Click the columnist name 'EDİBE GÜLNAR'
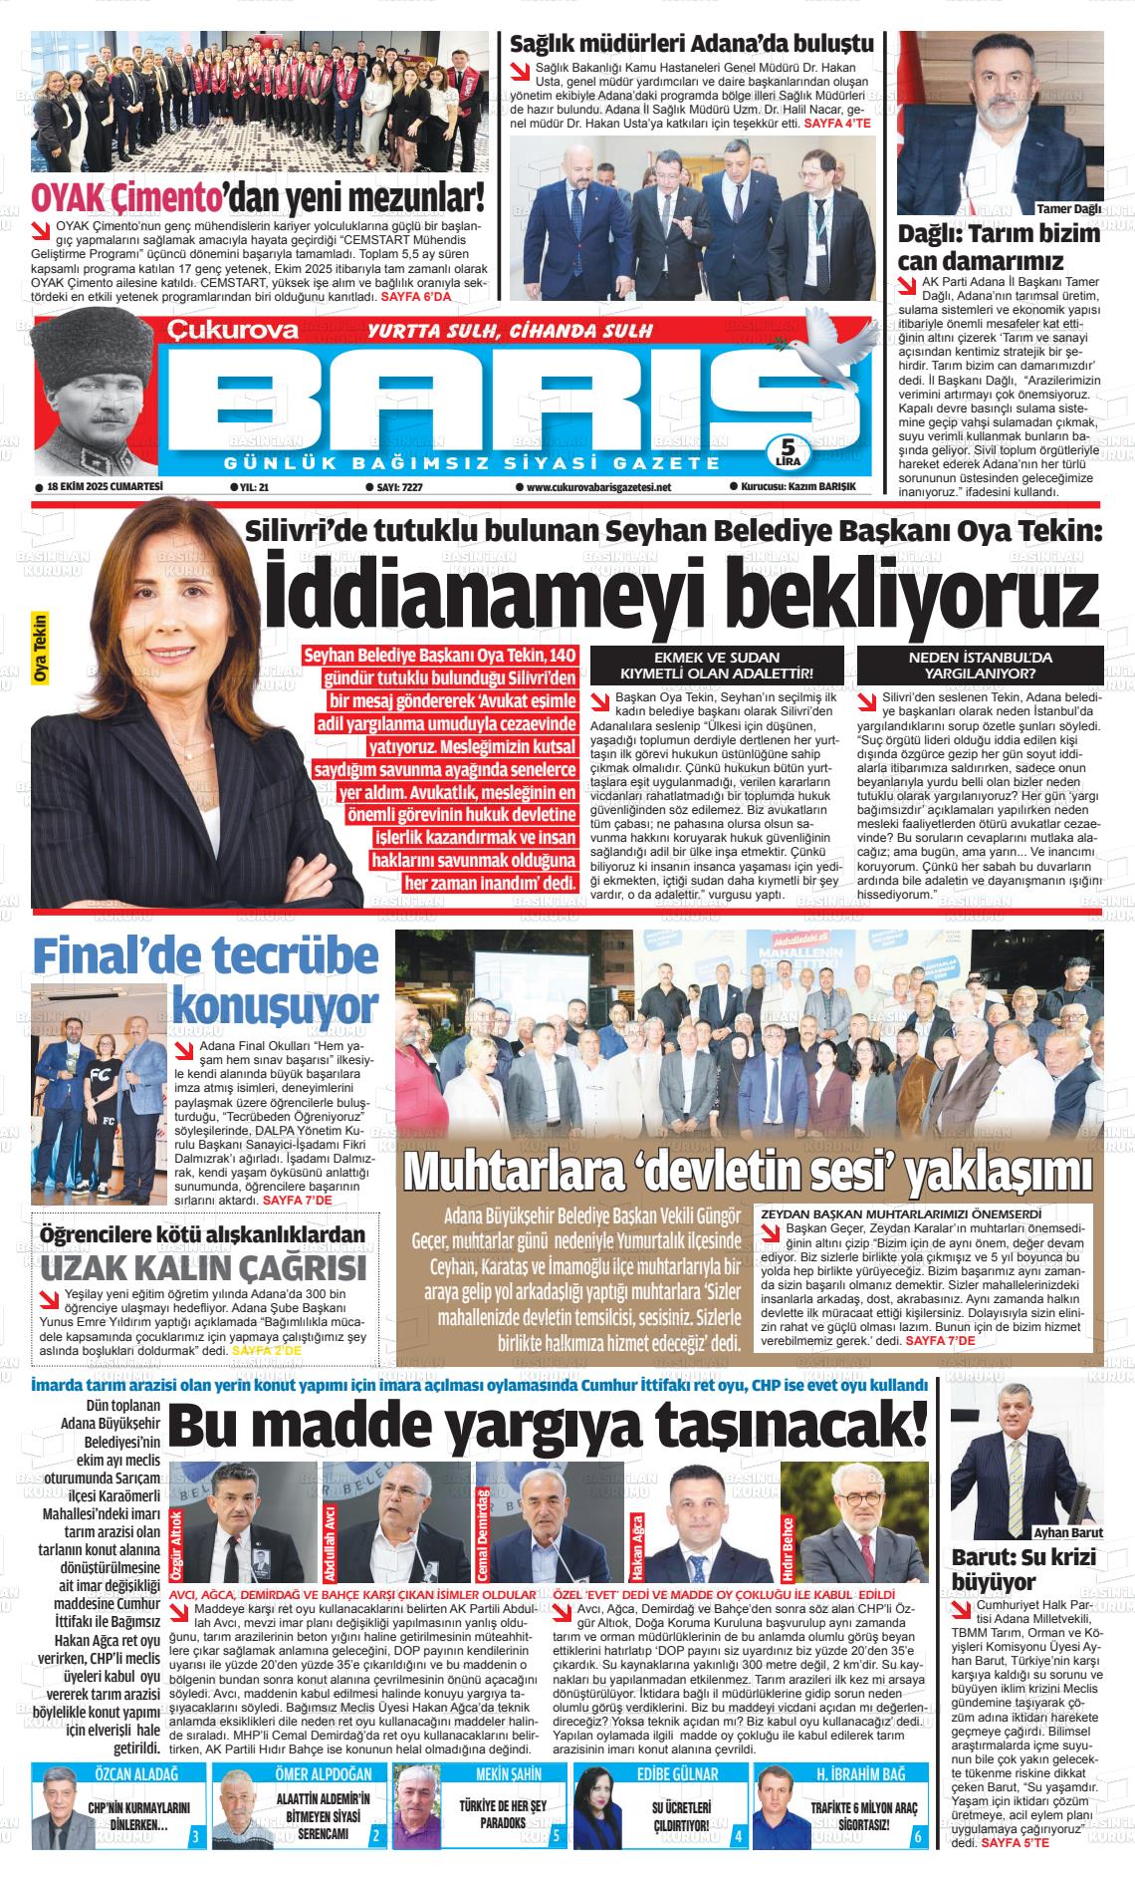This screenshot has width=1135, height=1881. coord(677,1774)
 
